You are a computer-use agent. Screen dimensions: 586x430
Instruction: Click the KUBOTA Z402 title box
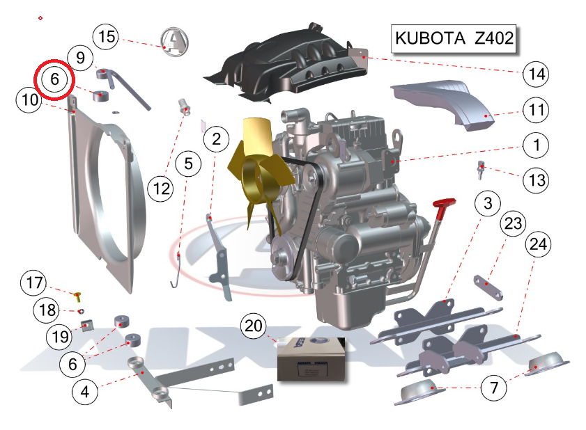[x=454, y=38]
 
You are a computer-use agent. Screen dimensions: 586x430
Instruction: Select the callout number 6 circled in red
[x=54, y=79]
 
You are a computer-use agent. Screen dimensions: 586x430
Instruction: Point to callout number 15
[x=106, y=37]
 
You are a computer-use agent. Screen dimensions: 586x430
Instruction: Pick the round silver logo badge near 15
[x=174, y=42]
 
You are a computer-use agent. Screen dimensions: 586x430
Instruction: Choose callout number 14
[x=536, y=74]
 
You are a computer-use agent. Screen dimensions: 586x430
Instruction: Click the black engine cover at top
[x=286, y=63]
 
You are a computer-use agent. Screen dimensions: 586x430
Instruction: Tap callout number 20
[x=254, y=326]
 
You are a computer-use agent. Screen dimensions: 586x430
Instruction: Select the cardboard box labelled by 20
[x=311, y=359]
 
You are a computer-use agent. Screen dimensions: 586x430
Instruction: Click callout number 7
[x=494, y=388]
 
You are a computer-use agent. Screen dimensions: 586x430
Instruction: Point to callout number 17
[x=33, y=282]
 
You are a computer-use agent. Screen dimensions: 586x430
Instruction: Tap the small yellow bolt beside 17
[x=78, y=297]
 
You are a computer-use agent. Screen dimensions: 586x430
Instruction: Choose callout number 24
[x=538, y=244]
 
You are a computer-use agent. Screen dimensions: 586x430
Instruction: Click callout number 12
[x=161, y=189]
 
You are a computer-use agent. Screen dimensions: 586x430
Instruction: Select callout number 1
[x=536, y=145]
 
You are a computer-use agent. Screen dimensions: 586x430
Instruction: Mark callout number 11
[x=536, y=110]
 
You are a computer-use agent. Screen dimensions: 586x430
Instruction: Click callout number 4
[x=85, y=392]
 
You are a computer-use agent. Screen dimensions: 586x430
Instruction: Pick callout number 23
[x=513, y=223]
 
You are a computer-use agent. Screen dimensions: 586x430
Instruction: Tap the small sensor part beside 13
[x=481, y=170]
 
